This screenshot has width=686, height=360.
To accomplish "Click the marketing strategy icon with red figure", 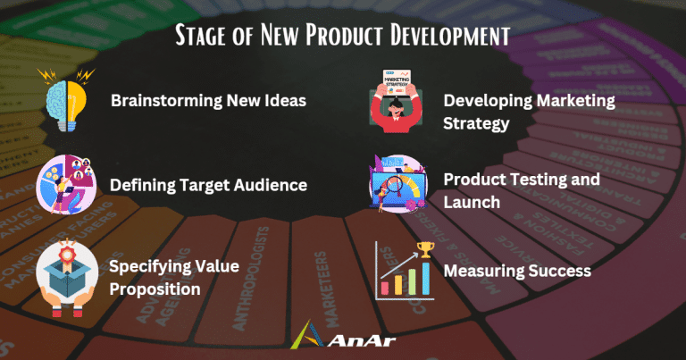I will pos(399,106).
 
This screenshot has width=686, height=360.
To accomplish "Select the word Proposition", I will pos(154,289).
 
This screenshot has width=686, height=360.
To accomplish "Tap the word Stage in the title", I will pos(203,35).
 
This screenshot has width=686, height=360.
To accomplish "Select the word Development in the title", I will pos(447,35).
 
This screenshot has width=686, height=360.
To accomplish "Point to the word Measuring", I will pos(479,269).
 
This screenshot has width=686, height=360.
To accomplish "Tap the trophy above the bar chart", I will pos(424,249).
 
